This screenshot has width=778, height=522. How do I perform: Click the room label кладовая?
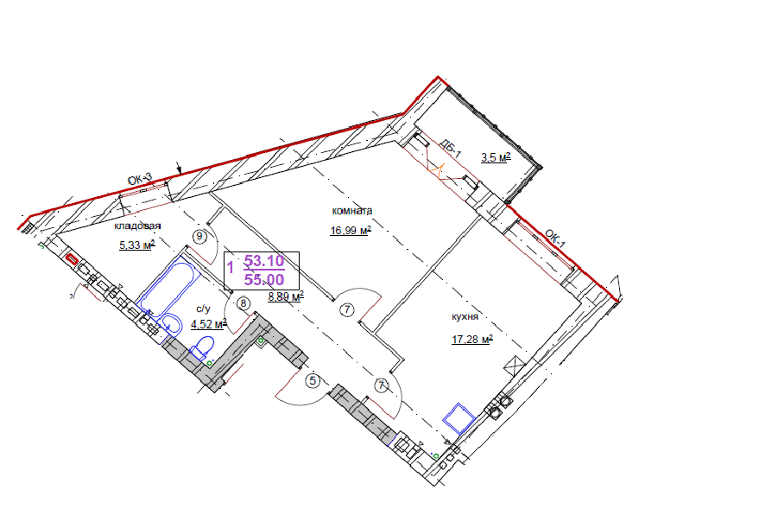137,226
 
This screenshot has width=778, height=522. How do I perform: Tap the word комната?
351,211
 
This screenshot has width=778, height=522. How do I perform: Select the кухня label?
465,316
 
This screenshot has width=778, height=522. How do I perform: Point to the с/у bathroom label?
204,309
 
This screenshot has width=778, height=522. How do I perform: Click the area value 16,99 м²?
351,231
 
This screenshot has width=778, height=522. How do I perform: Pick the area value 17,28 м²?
471,340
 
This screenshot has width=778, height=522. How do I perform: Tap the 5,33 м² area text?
137,245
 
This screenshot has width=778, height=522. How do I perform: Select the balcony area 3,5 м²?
496,158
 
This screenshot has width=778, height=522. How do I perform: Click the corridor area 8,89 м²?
286,297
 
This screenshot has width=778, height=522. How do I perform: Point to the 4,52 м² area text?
209,324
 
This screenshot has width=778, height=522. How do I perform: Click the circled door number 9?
199,236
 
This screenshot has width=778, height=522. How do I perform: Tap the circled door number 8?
244,303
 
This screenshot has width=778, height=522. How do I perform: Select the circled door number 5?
313,381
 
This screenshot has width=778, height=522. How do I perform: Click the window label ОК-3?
139,179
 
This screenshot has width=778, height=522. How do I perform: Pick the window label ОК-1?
554,239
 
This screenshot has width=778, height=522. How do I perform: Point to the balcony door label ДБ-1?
451,149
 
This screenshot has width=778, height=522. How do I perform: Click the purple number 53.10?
264,261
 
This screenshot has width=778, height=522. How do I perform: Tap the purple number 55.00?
264,280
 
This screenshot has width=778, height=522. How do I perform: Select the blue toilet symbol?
202,347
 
